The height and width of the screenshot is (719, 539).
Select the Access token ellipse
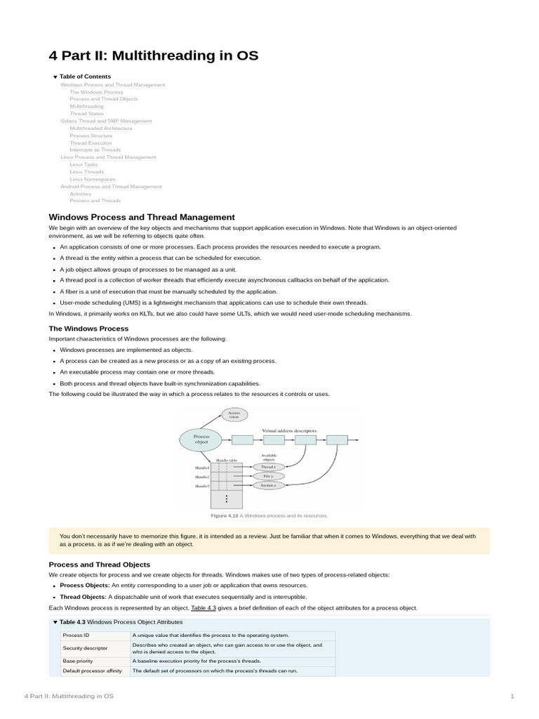[234, 415]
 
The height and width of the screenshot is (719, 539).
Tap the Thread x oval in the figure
[268, 466]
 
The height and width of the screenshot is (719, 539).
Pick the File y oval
[268, 475]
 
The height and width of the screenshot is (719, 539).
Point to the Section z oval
[268, 485]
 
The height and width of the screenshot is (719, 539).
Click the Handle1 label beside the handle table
[203, 468]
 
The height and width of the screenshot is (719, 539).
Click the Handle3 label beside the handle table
[203, 486]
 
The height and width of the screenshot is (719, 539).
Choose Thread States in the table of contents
[86, 114]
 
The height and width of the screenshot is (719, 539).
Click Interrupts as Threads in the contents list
[95, 150]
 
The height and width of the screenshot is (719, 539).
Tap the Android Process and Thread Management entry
[111, 187]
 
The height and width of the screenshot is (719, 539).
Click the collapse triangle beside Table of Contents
[55, 77]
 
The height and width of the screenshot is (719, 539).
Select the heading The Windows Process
[88, 329]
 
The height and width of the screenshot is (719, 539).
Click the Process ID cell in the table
[76, 635]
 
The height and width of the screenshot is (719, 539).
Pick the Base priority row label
[79, 661]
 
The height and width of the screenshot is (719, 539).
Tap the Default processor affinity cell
[92, 671]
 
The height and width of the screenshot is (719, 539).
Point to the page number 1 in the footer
[512, 696]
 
